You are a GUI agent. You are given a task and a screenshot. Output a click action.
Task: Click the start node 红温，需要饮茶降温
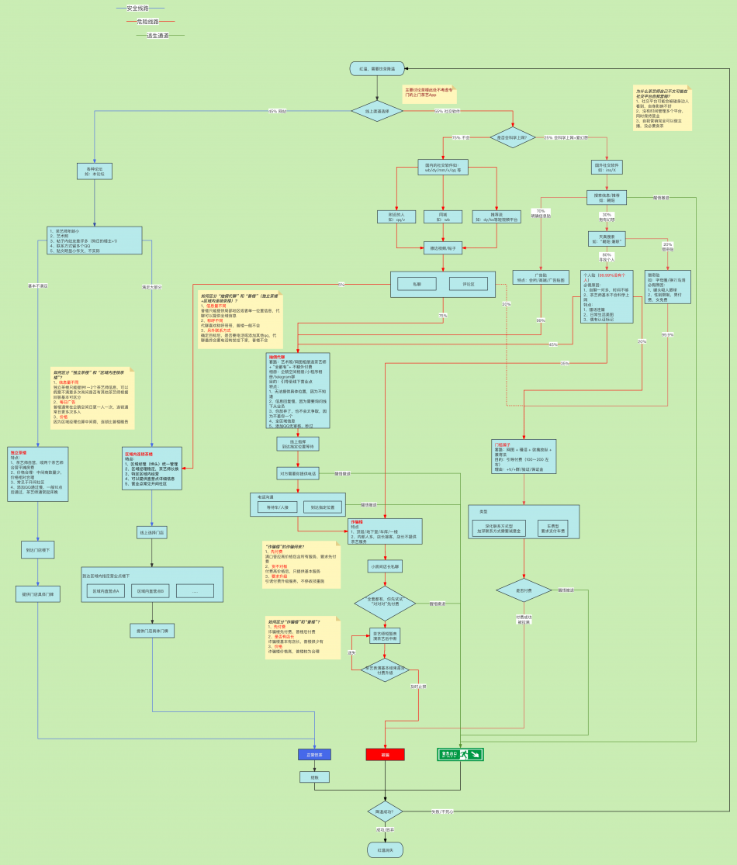coord(377,68)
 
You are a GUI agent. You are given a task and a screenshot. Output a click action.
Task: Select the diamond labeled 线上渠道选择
coord(377,112)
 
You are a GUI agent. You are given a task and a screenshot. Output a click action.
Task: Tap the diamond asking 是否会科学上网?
coord(512,137)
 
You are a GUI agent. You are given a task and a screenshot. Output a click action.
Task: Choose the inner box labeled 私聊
coord(417,284)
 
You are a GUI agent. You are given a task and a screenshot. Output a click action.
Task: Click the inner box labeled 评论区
coord(469,284)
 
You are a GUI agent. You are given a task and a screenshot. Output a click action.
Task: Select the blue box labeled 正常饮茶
coord(314,754)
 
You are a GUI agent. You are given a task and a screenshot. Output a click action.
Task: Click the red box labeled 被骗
coord(385,754)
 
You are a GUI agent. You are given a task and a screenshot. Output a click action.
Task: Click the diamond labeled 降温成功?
coord(385,811)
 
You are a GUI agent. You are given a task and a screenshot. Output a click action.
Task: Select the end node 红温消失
coord(385,850)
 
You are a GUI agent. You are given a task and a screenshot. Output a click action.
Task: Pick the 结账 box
coord(314,777)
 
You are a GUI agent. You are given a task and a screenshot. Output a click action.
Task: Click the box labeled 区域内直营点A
coord(107,591)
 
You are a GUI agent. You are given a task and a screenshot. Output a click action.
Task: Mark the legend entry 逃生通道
coord(157,36)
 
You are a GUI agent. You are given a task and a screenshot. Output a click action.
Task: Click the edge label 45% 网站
coord(277,111)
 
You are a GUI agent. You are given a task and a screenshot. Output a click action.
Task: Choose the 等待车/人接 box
coord(277,507)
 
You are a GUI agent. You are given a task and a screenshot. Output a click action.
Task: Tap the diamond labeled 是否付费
coord(524,590)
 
